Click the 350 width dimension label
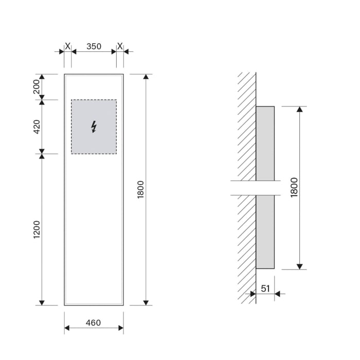[94, 46]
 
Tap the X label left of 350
[67, 46]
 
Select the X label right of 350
[120, 46]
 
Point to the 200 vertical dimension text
[37, 87]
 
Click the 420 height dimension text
[37, 127]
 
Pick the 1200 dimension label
[37, 229]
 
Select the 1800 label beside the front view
[141, 190]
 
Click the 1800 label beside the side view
[294, 188]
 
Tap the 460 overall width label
[93, 323]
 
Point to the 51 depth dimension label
[265, 289]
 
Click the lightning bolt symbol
[94, 127]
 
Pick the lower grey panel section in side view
[265, 231]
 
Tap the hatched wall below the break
[247, 247]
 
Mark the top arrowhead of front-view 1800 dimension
[146, 77]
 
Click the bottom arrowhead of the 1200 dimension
[42, 302]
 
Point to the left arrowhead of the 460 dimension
[67, 329]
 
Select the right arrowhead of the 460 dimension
[120, 329]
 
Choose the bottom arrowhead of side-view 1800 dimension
[299, 266]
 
